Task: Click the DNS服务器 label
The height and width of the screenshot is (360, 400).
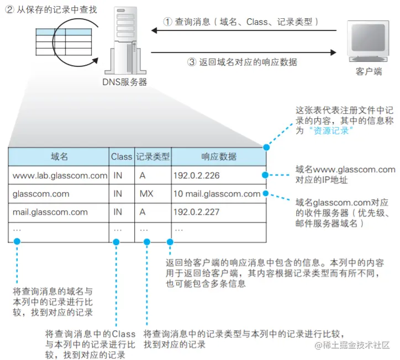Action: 125,82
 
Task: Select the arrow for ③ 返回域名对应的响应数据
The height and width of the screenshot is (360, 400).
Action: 244,53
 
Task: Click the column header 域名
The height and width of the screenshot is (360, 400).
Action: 59,157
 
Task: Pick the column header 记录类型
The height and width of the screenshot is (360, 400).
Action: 153,157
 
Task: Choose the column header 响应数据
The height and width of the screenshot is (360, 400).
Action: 219,157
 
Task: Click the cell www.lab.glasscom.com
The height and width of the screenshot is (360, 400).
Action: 60,176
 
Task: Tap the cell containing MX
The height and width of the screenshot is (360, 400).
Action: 146,194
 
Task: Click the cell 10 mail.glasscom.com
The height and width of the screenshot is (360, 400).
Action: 217,194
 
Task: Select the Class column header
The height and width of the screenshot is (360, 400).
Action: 122,157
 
